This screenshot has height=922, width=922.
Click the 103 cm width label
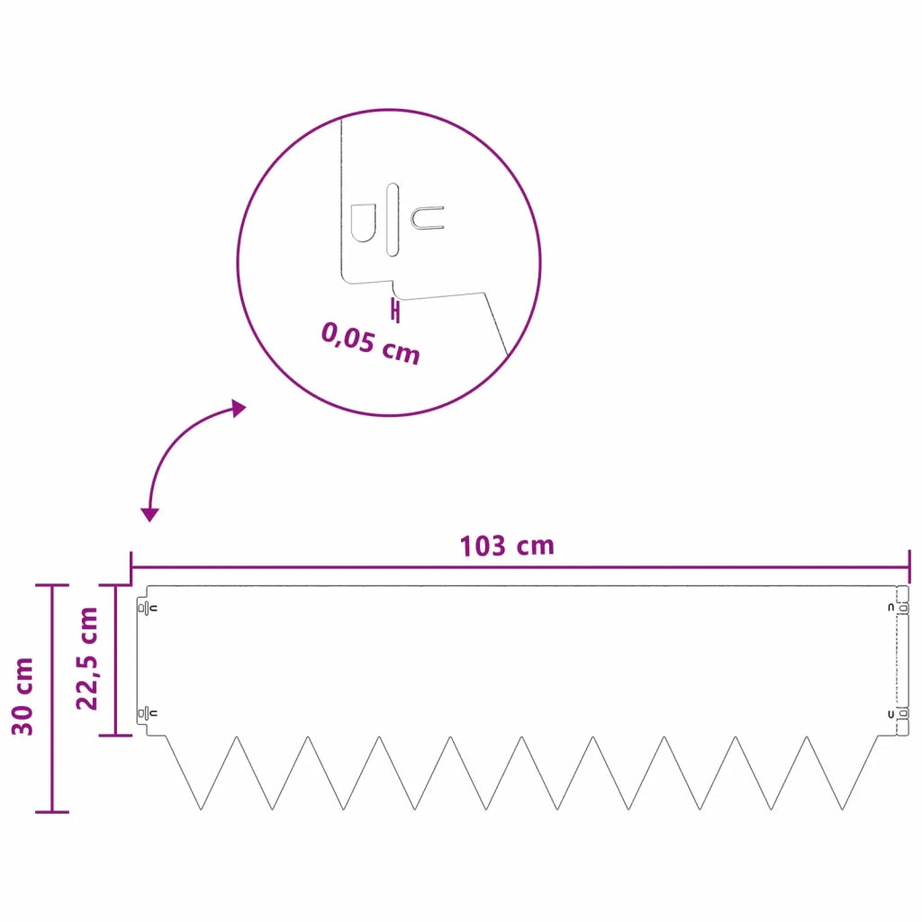(507, 547)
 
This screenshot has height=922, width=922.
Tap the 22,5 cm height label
(87, 658)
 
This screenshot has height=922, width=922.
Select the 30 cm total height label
(23, 696)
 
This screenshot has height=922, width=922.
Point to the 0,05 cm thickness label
(370, 344)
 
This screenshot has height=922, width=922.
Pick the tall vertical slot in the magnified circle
(393, 220)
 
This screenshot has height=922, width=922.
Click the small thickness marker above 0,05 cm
(395, 311)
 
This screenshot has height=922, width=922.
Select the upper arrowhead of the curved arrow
(238, 408)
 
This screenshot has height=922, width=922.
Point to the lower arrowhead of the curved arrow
(150, 515)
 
